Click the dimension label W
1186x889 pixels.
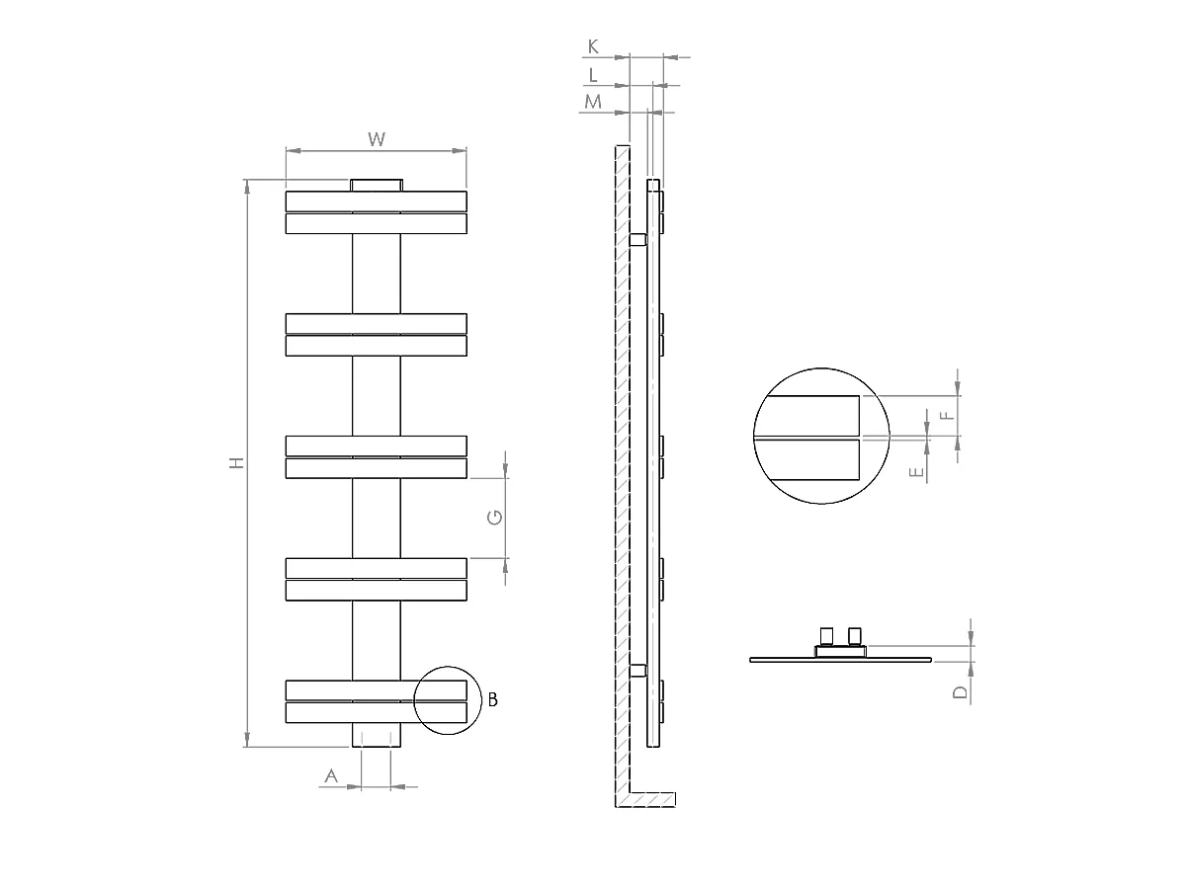tap(376, 139)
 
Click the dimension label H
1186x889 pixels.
tap(236, 462)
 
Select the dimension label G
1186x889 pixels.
tap(496, 517)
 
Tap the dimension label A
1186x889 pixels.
tap(332, 776)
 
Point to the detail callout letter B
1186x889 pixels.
tap(492, 700)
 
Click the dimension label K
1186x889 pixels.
tap(593, 46)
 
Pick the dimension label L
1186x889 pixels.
tap(593, 74)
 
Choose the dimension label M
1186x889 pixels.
tap(593, 102)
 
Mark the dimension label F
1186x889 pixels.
tap(948, 415)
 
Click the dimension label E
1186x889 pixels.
tap(918, 472)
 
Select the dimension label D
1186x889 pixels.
tap(960, 692)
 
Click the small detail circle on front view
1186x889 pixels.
tap(446, 700)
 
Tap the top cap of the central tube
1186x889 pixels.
tap(377, 185)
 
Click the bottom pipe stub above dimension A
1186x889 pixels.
tap(377, 736)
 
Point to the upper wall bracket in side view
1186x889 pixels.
tap(637, 239)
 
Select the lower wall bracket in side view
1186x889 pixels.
tap(637, 671)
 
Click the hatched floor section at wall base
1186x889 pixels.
tap(652, 799)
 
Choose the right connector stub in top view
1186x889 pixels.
tap(855, 635)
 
